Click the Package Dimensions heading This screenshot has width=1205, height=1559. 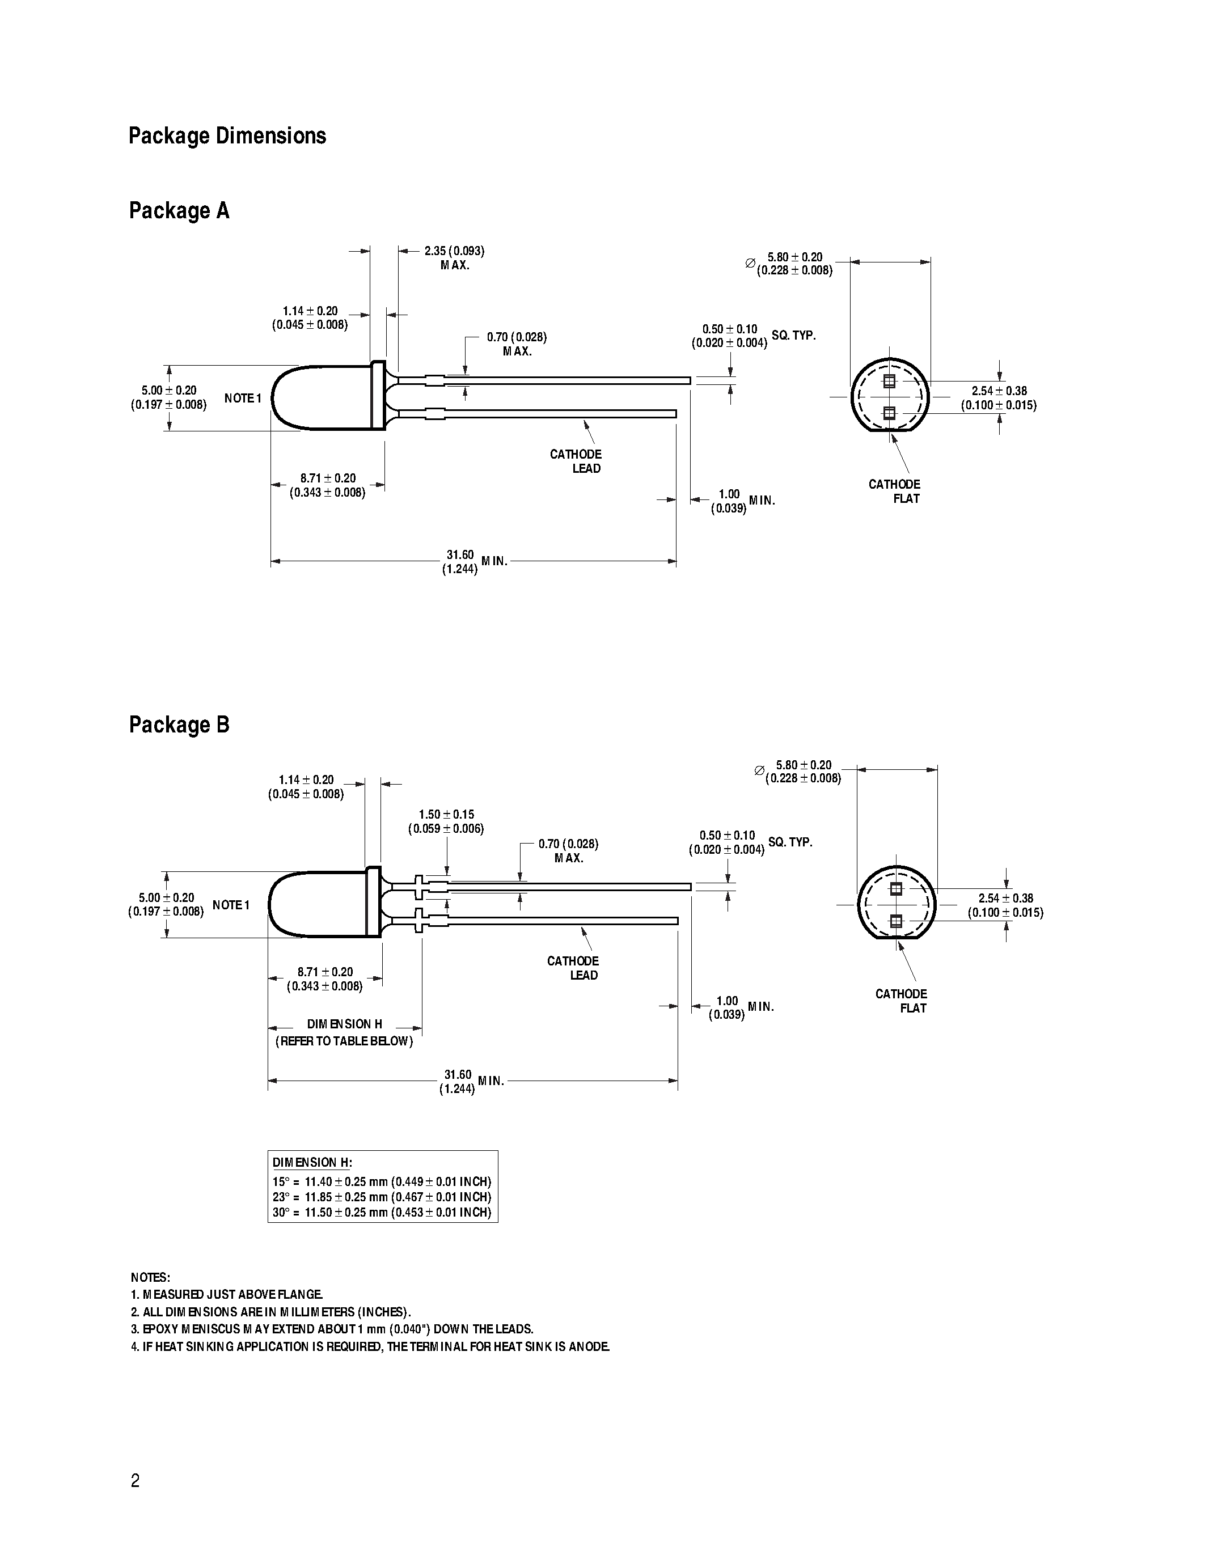pos(227,135)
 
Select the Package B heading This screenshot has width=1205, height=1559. pos(179,725)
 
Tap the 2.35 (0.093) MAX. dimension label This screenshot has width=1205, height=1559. pos(454,258)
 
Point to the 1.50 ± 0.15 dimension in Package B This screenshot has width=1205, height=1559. pos(446,815)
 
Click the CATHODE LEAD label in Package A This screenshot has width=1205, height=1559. pos(576,461)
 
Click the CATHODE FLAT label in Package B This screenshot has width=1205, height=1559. pos(902,1000)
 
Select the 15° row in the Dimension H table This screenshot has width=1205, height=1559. pos(382,1181)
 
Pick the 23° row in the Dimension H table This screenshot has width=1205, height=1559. pos(382,1197)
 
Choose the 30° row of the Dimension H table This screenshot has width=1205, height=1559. pos(382,1213)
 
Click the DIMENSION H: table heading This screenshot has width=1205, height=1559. pos(312,1163)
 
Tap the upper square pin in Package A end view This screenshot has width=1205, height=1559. pos(889,381)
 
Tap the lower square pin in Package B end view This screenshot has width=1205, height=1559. pos(897,921)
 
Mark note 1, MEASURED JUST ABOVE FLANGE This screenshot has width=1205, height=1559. pos(227,1294)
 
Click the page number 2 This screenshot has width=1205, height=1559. pos(136,1480)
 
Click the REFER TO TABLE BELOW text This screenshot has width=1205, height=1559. pos(344,1041)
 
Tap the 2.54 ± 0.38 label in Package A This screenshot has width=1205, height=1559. pos(998,397)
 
